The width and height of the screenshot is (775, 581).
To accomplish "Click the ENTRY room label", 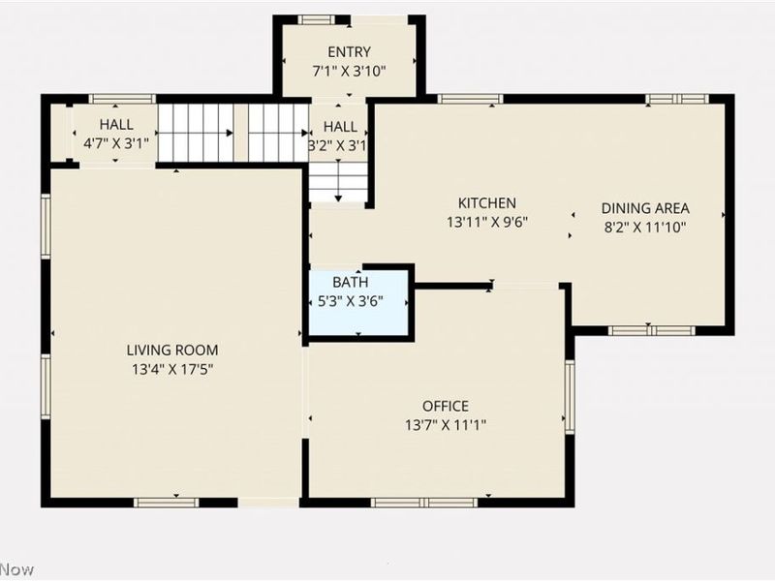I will pyautogui.click(x=349, y=51).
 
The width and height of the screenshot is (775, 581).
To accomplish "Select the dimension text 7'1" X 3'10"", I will pyautogui.click(x=349, y=70).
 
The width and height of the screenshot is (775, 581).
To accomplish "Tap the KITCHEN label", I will pyautogui.click(x=486, y=203).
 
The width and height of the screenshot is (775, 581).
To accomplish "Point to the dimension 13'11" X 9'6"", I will pyautogui.click(x=486, y=222).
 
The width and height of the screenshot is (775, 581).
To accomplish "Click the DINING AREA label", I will pyautogui.click(x=645, y=208).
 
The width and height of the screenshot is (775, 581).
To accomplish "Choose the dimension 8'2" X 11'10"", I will pyautogui.click(x=645, y=227).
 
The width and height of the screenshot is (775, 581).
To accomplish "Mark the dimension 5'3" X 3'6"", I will pyautogui.click(x=350, y=300).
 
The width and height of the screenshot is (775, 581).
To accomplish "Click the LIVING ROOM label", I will pyautogui.click(x=172, y=350).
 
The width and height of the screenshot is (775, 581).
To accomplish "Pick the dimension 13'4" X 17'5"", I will pyautogui.click(x=172, y=368).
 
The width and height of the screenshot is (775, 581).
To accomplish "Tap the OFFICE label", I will pyautogui.click(x=445, y=406).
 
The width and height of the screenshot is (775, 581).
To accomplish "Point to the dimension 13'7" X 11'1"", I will pyautogui.click(x=445, y=424).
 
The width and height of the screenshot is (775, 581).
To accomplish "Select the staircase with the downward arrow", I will pyautogui.click(x=338, y=181).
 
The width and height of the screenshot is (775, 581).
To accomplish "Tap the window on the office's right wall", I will pyautogui.click(x=570, y=396).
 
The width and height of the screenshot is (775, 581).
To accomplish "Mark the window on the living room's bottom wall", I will pyautogui.click(x=166, y=502).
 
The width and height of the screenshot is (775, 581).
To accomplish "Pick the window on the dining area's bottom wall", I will pyautogui.click(x=652, y=330).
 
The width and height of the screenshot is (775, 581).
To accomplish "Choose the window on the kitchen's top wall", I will pyautogui.click(x=470, y=99).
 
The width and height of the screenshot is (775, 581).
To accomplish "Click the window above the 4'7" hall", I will pyautogui.click(x=122, y=99).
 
